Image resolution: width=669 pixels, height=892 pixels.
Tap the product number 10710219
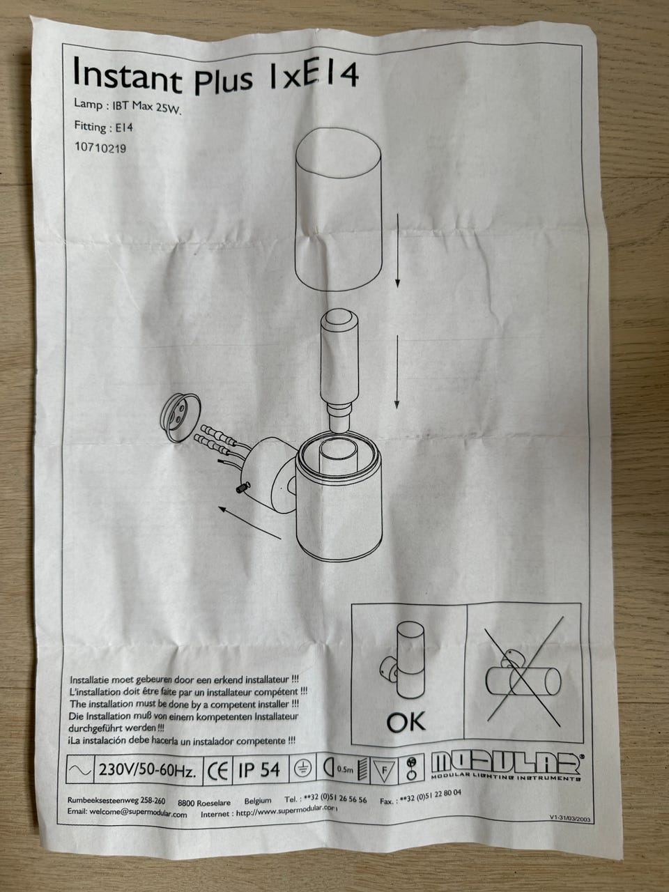pos(100,148)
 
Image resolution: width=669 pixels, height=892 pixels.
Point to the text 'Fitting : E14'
pos(103,127)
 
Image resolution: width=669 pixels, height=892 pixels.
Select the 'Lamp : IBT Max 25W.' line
pos(126,107)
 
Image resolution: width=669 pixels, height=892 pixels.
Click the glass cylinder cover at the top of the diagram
pos(338,209)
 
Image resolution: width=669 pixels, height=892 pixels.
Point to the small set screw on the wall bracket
pos(243,487)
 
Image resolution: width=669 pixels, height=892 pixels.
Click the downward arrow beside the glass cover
pos(397,251)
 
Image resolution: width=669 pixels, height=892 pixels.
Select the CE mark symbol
pos(217,771)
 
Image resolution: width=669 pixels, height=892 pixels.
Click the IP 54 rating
pos(259,769)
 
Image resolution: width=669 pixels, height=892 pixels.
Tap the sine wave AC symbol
pos(80,769)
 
